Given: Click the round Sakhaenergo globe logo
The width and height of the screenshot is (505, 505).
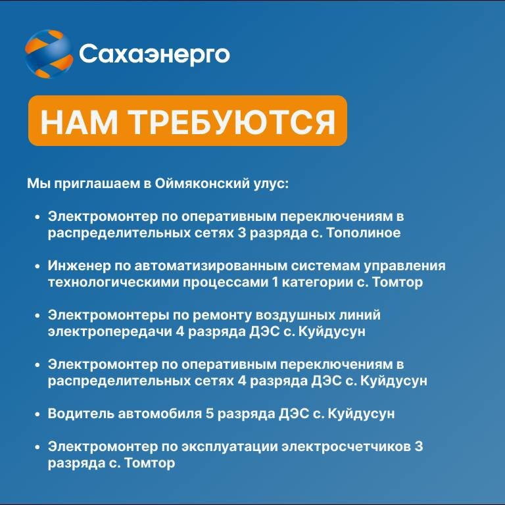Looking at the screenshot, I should pyautogui.click(x=49, y=53).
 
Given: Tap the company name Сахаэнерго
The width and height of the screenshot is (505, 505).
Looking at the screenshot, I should pyautogui.click(x=155, y=55).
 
